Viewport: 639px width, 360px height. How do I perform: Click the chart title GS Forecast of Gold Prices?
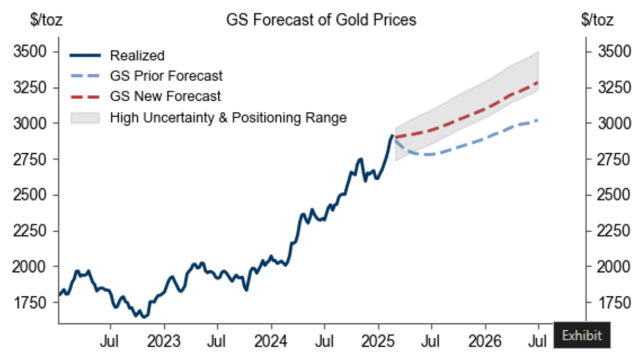(321, 19)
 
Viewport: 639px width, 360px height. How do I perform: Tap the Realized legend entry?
(137, 56)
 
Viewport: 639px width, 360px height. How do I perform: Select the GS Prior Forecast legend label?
(166, 76)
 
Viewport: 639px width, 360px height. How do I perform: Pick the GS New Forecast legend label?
(165, 96)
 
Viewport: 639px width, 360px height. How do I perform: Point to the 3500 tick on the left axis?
(29, 52)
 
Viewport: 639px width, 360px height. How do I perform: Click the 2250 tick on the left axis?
(29, 231)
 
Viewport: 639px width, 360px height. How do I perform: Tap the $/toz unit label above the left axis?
(46, 20)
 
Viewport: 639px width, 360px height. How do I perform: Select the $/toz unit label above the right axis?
(597, 20)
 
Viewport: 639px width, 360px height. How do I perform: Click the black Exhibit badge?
(582, 335)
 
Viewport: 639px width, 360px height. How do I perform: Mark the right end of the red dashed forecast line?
(538, 82)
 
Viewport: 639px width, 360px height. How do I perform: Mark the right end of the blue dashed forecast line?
(538, 120)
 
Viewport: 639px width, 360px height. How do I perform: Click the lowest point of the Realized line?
(143, 317)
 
